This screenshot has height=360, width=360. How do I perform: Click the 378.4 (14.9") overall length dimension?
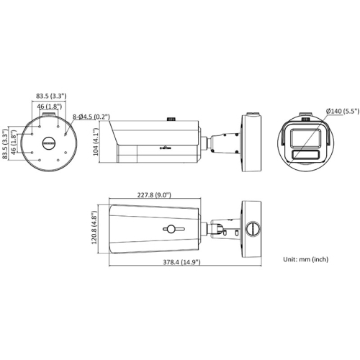point(181,262)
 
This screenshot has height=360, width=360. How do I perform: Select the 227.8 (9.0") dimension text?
point(154,195)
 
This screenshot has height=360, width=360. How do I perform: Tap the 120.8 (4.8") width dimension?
point(94,228)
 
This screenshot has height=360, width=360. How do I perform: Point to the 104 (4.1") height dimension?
point(96,142)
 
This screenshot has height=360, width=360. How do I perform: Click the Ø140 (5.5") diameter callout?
point(343,111)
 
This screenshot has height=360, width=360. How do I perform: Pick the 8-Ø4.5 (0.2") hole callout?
point(91,117)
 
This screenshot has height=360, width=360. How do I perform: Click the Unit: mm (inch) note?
point(306,259)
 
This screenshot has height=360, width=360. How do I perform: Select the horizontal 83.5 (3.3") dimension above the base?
point(51,96)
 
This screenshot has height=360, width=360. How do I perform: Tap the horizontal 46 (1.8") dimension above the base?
point(50,107)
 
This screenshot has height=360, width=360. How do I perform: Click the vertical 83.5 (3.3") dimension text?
point(4,144)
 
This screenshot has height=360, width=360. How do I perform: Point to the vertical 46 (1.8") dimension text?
point(14,142)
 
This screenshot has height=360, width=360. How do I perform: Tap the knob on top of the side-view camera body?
point(171,119)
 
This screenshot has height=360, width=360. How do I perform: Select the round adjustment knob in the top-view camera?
point(171,229)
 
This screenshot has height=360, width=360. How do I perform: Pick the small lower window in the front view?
point(305,155)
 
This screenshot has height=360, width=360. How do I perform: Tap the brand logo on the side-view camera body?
point(166,148)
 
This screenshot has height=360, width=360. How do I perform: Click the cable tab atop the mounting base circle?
point(49,114)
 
